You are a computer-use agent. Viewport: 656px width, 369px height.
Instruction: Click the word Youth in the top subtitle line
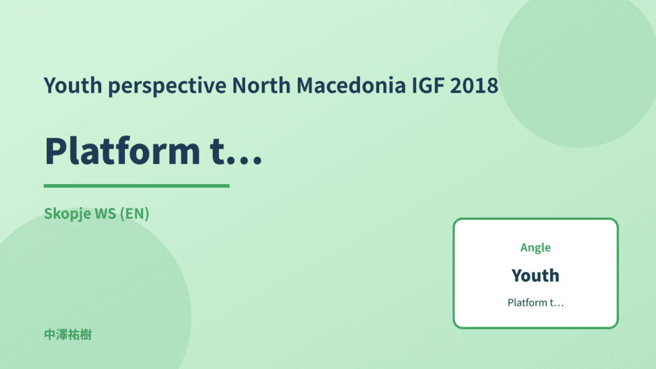[73, 85]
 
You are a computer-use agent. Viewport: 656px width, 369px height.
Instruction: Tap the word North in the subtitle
[261, 85]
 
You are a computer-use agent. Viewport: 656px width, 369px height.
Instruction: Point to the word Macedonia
[351, 85]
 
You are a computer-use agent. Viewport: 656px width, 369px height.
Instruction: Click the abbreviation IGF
[428, 85]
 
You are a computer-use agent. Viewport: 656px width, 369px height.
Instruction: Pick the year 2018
[474, 85]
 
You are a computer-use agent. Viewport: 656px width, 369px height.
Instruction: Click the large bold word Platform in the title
[122, 151]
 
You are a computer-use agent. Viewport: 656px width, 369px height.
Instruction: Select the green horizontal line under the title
[137, 186]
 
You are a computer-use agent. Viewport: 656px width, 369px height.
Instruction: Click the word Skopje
[68, 214]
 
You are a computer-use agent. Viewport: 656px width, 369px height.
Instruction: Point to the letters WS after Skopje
[105, 213]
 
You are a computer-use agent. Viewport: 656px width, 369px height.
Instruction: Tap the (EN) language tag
[134, 213]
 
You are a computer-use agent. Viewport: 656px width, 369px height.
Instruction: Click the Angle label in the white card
[535, 248]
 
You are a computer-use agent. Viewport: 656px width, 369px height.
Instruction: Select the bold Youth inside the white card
[535, 276]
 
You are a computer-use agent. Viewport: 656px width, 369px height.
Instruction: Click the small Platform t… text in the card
[535, 303]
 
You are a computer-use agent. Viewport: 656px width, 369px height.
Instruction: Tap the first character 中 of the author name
[50, 335]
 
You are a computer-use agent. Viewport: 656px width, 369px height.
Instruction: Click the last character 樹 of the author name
[86, 335]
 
